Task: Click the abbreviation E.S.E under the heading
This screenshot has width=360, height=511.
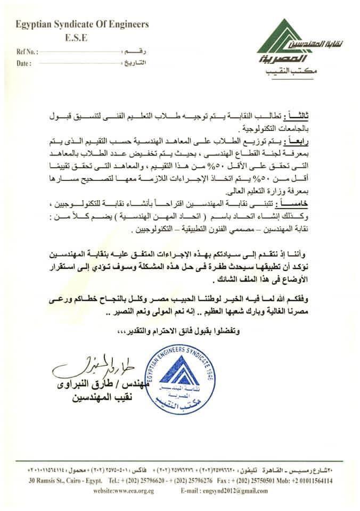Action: (75, 38)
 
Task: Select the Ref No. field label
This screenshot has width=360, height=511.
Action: (28, 53)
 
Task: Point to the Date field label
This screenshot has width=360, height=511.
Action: (24, 63)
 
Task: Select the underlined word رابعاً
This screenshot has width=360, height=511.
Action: (310, 141)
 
